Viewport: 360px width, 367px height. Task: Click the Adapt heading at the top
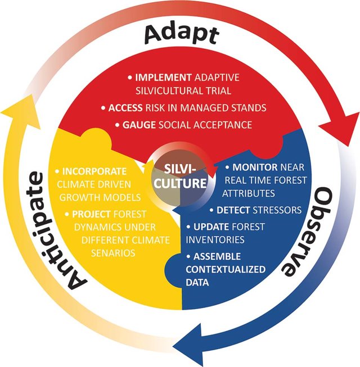(x=180, y=35)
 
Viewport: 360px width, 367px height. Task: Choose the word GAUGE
(x=138, y=125)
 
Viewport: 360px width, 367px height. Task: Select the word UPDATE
(x=214, y=228)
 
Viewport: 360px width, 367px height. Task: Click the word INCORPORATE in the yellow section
(x=94, y=171)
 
